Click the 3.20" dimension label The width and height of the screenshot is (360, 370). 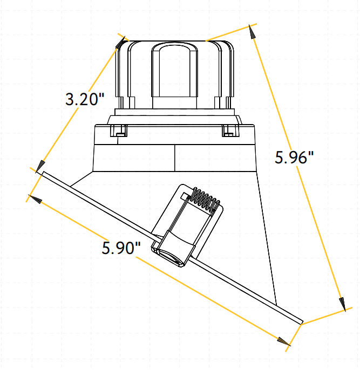pyautogui.click(x=85, y=99)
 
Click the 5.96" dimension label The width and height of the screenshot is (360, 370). pyautogui.click(x=294, y=157)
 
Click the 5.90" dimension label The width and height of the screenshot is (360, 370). pyautogui.click(x=121, y=248)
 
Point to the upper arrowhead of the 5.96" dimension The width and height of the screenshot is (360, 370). pyautogui.click(x=252, y=32)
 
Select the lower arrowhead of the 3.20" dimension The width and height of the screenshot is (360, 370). pyautogui.click(x=40, y=166)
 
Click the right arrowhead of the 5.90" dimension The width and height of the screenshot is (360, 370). pyautogui.click(x=284, y=341)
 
